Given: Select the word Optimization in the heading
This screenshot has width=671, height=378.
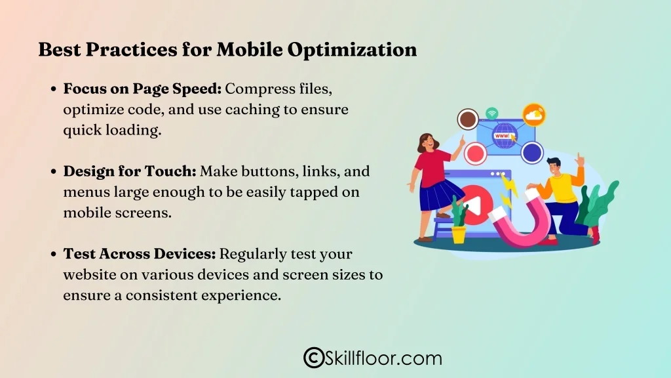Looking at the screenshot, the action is coord(352,50).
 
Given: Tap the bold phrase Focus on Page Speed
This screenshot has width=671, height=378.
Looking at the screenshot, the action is coord(142,89).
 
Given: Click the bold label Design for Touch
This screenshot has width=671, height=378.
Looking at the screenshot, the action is coord(130,171).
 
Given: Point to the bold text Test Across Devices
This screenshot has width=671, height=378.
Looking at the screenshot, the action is coord(140,253).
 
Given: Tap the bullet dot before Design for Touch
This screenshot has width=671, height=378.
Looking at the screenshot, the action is coord(54,172).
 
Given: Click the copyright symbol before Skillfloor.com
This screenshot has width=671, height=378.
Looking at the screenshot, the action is coord(314,358).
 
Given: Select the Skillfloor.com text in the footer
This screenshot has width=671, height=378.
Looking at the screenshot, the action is coord(383,358).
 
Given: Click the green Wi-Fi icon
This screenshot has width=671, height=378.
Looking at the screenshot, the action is coord(492,113).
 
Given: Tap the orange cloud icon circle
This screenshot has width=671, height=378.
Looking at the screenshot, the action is coord(533,115).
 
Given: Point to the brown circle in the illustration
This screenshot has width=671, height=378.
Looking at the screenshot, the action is coord(468,119).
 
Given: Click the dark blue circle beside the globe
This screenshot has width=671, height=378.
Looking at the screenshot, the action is coord(532,152).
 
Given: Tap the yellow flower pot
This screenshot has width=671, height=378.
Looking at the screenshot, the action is coord(458,234).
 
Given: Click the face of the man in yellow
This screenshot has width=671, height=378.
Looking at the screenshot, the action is coord(554,167).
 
